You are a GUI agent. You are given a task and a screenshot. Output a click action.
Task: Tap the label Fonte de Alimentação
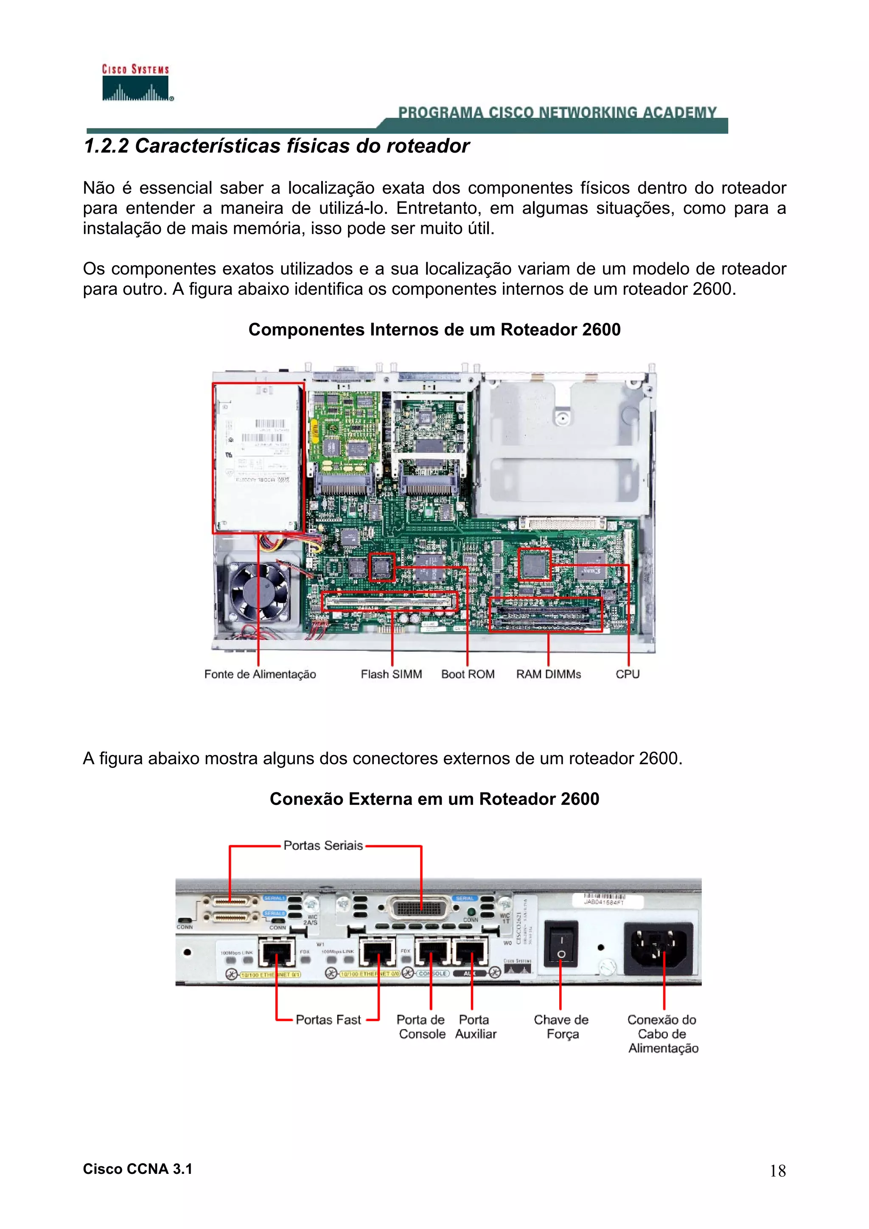[x=260, y=674]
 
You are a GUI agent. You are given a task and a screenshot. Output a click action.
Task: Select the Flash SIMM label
[x=391, y=674]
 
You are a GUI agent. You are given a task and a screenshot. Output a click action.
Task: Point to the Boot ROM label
[x=468, y=674]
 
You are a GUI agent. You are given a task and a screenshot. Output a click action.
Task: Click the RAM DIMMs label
[x=548, y=674]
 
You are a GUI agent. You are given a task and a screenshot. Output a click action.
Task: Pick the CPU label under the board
[x=627, y=674]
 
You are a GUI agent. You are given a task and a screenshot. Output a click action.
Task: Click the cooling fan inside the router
[x=260, y=592]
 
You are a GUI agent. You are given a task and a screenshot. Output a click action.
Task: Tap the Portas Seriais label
[x=323, y=846]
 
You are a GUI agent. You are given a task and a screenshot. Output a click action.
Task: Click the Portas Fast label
[x=328, y=1020]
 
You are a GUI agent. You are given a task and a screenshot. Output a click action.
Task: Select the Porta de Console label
[x=421, y=1027]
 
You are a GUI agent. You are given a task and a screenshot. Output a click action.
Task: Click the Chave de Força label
[x=561, y=1027]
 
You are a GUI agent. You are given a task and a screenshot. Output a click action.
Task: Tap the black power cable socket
[x=658, y=948]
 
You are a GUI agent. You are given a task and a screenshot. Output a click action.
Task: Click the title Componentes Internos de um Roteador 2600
[x=434, y=330]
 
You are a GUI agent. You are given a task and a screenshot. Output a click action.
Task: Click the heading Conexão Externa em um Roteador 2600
[x=434, y=799]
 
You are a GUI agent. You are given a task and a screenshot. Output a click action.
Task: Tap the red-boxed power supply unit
[x=258, y=458]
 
